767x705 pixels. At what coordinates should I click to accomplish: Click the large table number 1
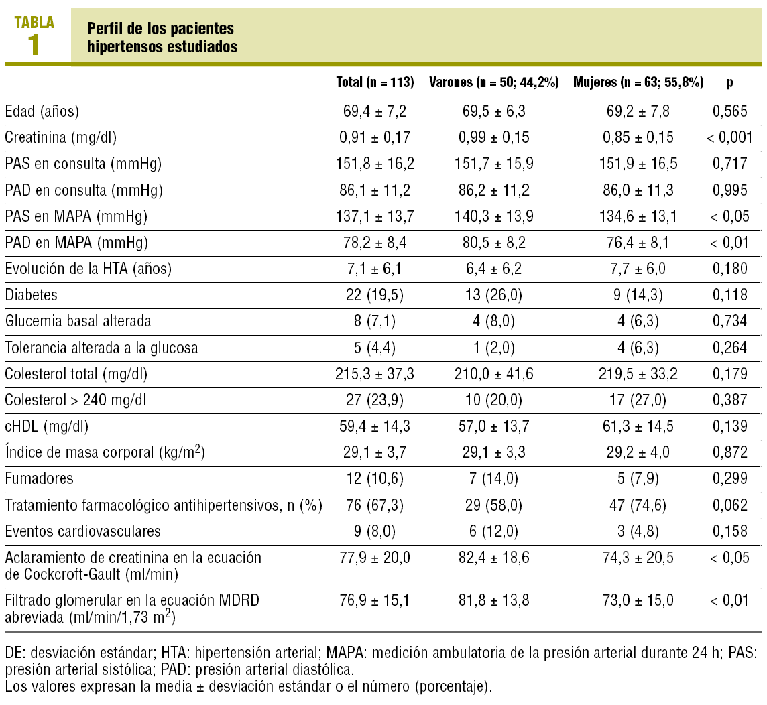point(33,45)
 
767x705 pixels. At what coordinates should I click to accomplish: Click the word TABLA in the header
point(34,22)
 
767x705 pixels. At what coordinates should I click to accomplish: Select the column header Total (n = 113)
point(375,83)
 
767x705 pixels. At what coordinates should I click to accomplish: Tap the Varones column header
point(494,83)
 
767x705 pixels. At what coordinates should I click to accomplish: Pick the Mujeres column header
point(638,83)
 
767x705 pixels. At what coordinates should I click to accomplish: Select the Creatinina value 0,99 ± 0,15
point(494,138)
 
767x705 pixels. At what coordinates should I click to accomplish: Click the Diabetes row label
point(32,295)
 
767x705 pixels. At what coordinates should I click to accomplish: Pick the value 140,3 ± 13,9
point(494,217)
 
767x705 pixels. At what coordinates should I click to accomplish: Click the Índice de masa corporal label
point(105,453)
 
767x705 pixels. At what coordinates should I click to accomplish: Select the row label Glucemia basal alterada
point(78,322)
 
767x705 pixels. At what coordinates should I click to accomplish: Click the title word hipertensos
point(121,47)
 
